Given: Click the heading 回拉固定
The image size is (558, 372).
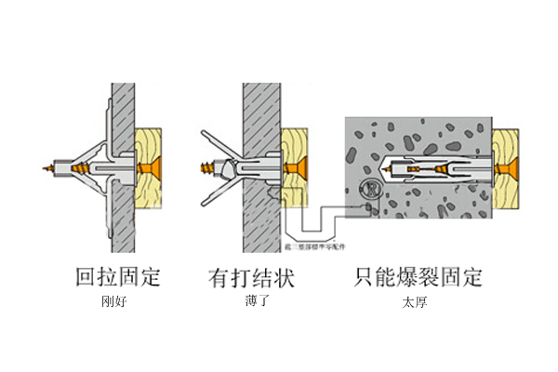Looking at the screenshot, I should (118, 277).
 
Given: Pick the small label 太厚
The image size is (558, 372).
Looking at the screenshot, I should (415, 302).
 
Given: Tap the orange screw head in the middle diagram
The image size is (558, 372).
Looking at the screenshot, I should (299, 168).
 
